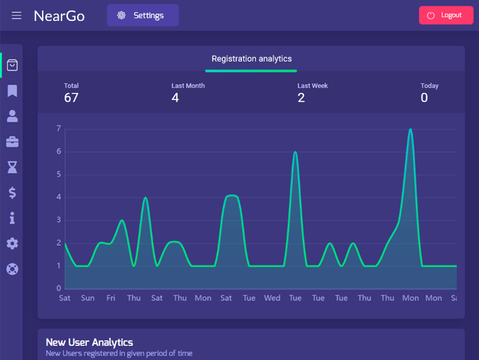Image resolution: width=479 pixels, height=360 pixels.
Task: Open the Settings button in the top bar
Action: pyautogui.click(x=143, y=15)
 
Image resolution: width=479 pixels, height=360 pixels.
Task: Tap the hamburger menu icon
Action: pyautogui.click(x=17, y=15)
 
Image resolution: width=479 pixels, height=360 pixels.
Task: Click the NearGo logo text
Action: pyautogui.click(x=59, y=15)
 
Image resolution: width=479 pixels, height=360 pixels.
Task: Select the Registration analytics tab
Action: pyautogui.click(x=251, y=59)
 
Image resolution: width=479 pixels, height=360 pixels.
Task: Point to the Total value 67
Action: pyautogui.click(x=71, y=98)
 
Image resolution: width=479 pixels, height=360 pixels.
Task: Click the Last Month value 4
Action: pyautogui.click(x=175, y=98)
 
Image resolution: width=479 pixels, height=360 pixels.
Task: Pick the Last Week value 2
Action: pyautogui.click(x=301, y=98)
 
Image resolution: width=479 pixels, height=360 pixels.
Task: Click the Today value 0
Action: pyautogui.click(x=424, y=98)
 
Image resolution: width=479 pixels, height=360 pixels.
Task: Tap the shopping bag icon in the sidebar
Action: pyautogui.click(x=13, y=65)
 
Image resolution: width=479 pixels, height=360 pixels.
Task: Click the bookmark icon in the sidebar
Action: pyautogui.click(x=13, y=91)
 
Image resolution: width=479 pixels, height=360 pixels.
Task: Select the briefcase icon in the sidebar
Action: pyautogui.click(x=13, y=142)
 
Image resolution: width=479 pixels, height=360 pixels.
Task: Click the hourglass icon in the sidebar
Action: pyautogui.click(x=13, y=167)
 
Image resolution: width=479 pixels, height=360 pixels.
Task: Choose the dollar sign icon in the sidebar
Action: pyautogui.click(x=13, y=193)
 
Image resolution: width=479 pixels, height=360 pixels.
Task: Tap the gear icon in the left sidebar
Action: pyautogui.click(x=13, y=243)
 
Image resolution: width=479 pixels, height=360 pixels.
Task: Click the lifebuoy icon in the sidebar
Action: pyautogui.click(x=13, y=268)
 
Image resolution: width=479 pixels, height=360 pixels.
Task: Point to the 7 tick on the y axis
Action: pyautogui.click(x=59, y=129)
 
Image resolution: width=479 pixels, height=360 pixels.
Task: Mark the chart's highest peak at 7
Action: pyautogui.click(x=410, y=129)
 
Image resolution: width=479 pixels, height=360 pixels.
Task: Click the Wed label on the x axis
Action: pyautogui.click(x=272, y=298)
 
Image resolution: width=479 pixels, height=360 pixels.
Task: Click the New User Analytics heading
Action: pyautogui.click(x=89, y=343)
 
